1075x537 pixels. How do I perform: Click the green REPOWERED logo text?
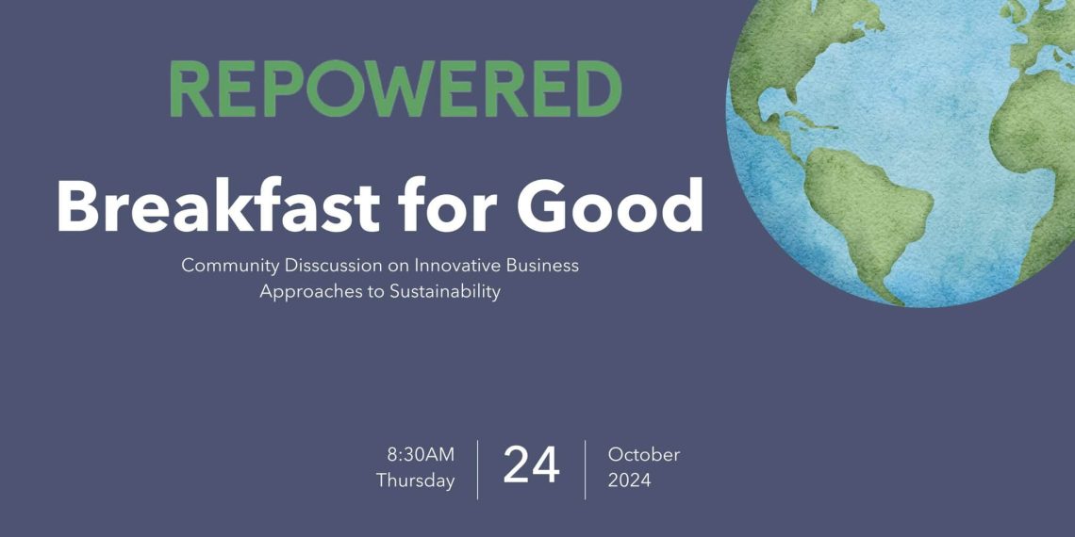tap(396, 89)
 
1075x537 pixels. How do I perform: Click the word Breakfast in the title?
tap(219, 206)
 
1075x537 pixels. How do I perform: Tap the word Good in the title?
tap(609, 206)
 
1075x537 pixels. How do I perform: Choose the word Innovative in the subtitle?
tap(448, 265)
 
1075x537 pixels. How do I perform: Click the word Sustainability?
tap(445, 292)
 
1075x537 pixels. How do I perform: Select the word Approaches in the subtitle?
tap(298, 292)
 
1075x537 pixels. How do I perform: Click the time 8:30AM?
tap(421, 454)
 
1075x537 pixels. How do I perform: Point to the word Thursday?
tap(416, 480)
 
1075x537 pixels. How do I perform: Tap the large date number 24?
tap(531, 465)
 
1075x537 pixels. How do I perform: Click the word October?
tap(644, 454)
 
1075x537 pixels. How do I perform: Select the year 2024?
tap(629, 480)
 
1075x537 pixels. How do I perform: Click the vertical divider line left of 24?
tap(478, 469)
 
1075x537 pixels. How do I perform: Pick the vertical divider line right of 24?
tap(585, 469)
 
